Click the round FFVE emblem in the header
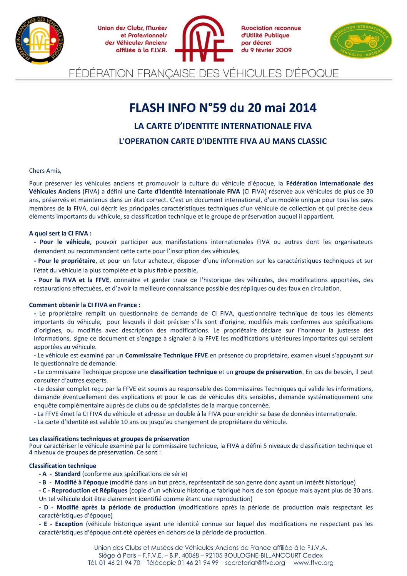point(40,40)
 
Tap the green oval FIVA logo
point(361,40)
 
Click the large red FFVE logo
point(203,39)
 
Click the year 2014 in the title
point(302,108)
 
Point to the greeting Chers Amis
point(45,171)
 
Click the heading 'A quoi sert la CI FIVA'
point(60,233)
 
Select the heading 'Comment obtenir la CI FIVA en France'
point(84,305)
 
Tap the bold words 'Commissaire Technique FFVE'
point(166,355)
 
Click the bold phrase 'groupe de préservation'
point(268,372)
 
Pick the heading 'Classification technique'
point(62,466)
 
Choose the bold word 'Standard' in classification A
point(67,474)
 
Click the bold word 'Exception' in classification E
point(69,524)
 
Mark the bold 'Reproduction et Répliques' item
point(89,490)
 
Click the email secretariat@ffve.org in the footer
point(255,563)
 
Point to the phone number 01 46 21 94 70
point(120,563)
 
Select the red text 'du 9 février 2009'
point(266,50)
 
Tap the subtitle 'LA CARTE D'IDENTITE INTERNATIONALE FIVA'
point(223,126)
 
